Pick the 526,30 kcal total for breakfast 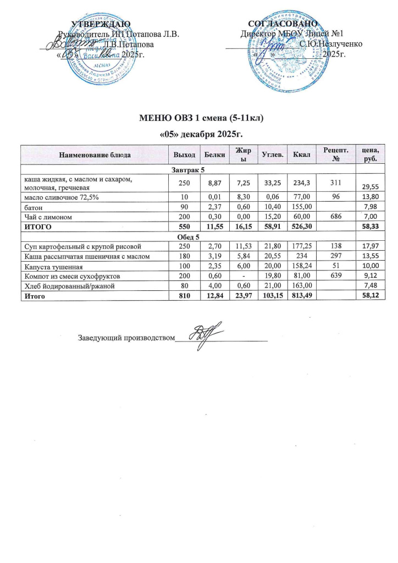[301, 227]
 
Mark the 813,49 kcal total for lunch [301, 297]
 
